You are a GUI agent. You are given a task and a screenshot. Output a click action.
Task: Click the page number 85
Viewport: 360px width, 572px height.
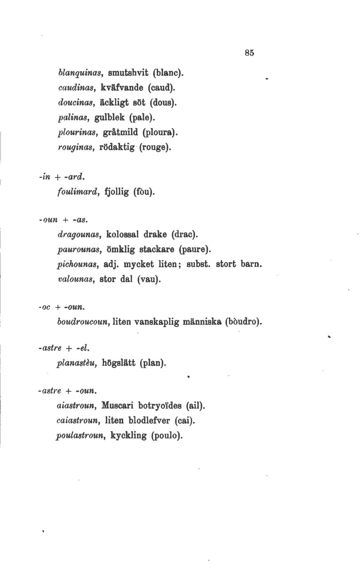249,52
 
